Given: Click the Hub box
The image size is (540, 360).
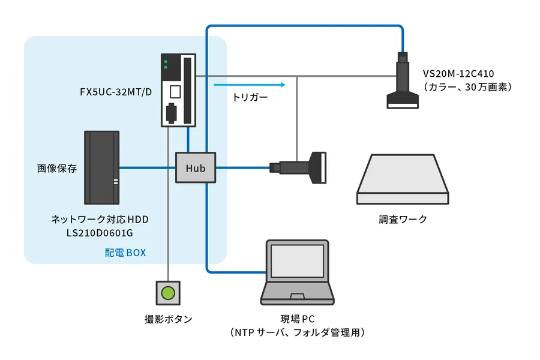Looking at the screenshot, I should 196,167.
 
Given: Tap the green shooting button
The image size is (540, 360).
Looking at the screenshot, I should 168,293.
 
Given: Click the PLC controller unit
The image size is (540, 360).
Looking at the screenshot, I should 179,90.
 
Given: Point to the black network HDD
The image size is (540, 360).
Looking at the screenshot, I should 101,167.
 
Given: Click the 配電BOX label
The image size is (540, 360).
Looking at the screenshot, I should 125,253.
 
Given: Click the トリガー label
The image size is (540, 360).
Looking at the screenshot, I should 250,97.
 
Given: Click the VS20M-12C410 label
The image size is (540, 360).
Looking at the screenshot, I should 458,74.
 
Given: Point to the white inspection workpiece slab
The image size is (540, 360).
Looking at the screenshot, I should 403,179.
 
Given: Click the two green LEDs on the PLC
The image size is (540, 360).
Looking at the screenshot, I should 166,63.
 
